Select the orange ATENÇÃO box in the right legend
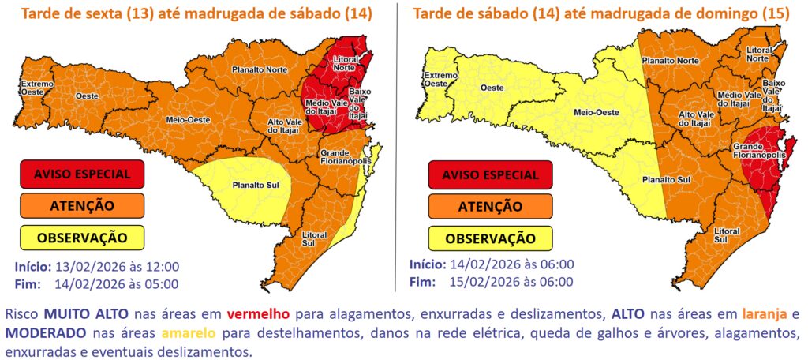490,206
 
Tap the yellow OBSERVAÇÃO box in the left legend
82,237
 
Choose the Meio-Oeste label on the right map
595,112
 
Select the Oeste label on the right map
493,88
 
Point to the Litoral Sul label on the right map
726,234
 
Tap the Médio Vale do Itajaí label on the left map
327,109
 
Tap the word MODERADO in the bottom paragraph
44,333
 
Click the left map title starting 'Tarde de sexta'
196,13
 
